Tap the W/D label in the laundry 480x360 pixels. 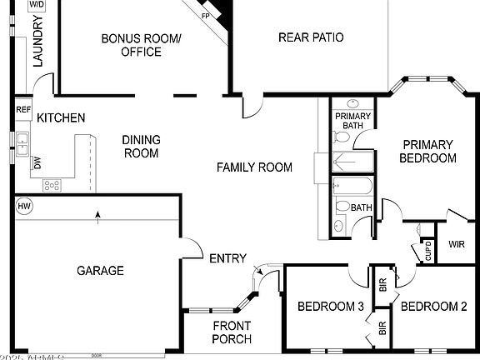36,4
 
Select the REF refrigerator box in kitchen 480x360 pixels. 23,109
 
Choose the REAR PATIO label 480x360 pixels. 310,37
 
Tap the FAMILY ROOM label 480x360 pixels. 254,167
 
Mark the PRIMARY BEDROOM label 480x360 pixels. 427,151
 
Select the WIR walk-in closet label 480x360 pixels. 456,244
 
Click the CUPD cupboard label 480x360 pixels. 428,251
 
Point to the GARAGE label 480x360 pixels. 100,270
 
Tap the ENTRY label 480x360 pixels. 227,258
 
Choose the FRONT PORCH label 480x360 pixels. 232,332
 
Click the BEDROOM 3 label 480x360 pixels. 331,307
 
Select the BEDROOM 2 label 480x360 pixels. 433,307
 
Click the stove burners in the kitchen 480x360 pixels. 52,185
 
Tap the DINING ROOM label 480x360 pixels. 141,147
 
